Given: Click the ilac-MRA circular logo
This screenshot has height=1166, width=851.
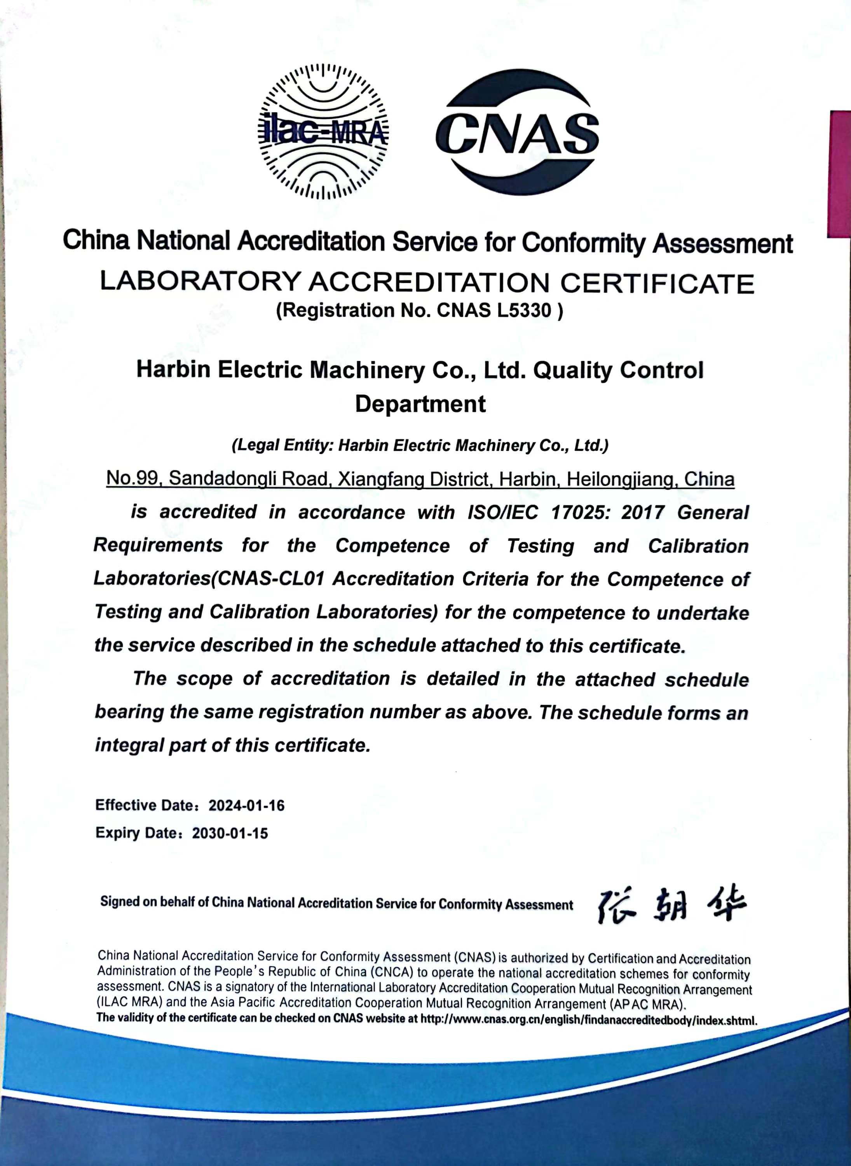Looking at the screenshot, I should click(323, 132).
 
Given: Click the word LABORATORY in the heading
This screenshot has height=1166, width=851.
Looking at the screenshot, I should click(200, 281).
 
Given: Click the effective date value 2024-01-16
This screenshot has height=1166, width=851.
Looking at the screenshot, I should click(246, 805).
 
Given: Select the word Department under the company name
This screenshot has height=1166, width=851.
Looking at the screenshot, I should click(420, 403).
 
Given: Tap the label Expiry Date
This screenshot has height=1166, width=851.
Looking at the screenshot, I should click(136, 833).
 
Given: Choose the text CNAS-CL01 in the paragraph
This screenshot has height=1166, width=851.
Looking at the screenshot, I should click(272, 579).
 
